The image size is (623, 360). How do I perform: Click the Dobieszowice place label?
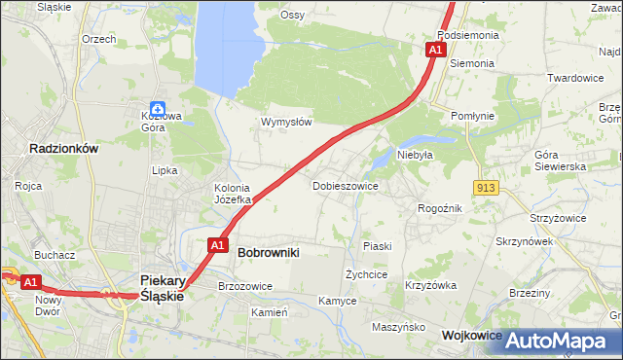[x=346, y=185]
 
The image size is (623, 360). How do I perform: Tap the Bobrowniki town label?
[x=268, y=252]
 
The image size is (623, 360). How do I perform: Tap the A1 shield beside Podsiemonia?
[x=435, y=49]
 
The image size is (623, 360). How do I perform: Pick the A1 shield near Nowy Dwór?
[x=31, y=282]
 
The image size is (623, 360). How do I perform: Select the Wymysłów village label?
[x=286, y=123]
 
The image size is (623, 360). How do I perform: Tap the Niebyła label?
[x=414, y=154]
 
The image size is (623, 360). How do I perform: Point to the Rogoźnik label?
[x=439, y=207]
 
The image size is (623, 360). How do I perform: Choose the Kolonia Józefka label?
[x=233, y=194]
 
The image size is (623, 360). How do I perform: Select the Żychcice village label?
[x=367, y=274]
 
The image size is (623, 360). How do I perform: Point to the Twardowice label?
[x=575, y=78]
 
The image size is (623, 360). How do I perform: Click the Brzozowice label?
[x=245, y=286]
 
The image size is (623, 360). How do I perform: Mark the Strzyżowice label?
[x=558, y=218]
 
